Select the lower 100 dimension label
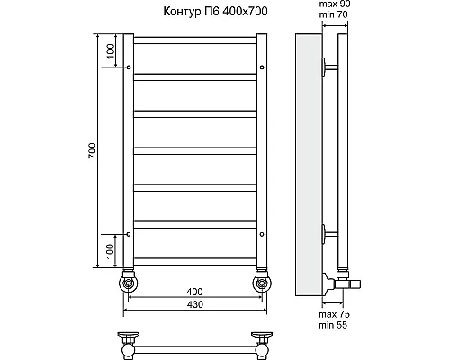(x=109, y=249)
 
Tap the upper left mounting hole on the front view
(x=130, y=67)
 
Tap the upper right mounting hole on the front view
(x=261, y=67)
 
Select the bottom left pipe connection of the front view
(x=130, y=283)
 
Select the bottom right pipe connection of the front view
(x=262, y=283)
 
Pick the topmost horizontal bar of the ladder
(x=195, y=41)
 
